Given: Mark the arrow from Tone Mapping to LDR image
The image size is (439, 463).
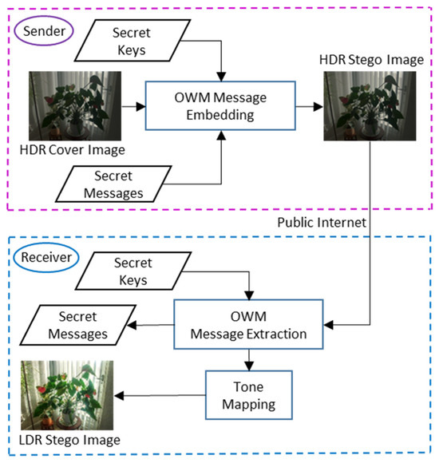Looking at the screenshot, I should (x=160, y=395).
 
